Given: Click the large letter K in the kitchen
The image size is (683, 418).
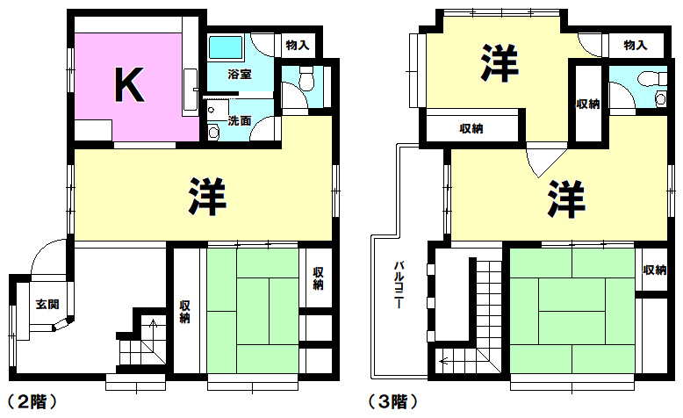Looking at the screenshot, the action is pyautogui.click(x=129, y=84).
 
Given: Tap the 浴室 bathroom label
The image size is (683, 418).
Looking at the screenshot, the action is pyautogui.click(x=239, y=74).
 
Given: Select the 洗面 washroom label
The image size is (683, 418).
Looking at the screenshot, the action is pyautogui.click(x=239, y=120).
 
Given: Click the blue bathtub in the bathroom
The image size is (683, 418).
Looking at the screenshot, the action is pyautogui.click(x=226, y=47).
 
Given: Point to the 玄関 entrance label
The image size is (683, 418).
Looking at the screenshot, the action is pyautogui.click(x=47, y=304).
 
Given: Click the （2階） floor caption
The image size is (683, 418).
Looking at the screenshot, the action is pyautogui.click(x=32, y=401).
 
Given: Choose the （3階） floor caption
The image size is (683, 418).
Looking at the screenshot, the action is pyautogui.click(x=393, y=401).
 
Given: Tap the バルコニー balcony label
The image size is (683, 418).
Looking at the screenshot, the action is pyautogui.click(x=399, y=285).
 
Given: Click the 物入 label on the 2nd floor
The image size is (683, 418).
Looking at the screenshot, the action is pyautogui.click(x=298, y=45).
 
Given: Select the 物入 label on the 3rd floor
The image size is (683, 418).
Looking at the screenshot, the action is pyautogui.click(x=635, y=45).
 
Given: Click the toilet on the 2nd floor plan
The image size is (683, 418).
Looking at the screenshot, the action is pyautogui.click(x=306, y=78).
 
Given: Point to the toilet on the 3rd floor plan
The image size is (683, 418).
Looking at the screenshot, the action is pyautogui.click(x=651, y=79).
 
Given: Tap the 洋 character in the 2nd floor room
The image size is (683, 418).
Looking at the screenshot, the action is pyautogui.click(x=207, y=197).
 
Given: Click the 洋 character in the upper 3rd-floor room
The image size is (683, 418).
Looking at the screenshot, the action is pyautogui.click(x=500, y=63).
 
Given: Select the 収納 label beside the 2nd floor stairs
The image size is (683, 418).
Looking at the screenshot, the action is pyautogui.click(x=184, y=312).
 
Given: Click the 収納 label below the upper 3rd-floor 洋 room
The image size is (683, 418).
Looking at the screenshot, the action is pyautogui.click(x=471, y=128).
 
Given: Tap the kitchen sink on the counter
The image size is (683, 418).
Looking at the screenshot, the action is pyautogui.click(x=190, y=90).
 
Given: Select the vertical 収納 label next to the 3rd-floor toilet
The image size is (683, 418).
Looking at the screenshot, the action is pyautogui.click(x=588, y=104).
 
